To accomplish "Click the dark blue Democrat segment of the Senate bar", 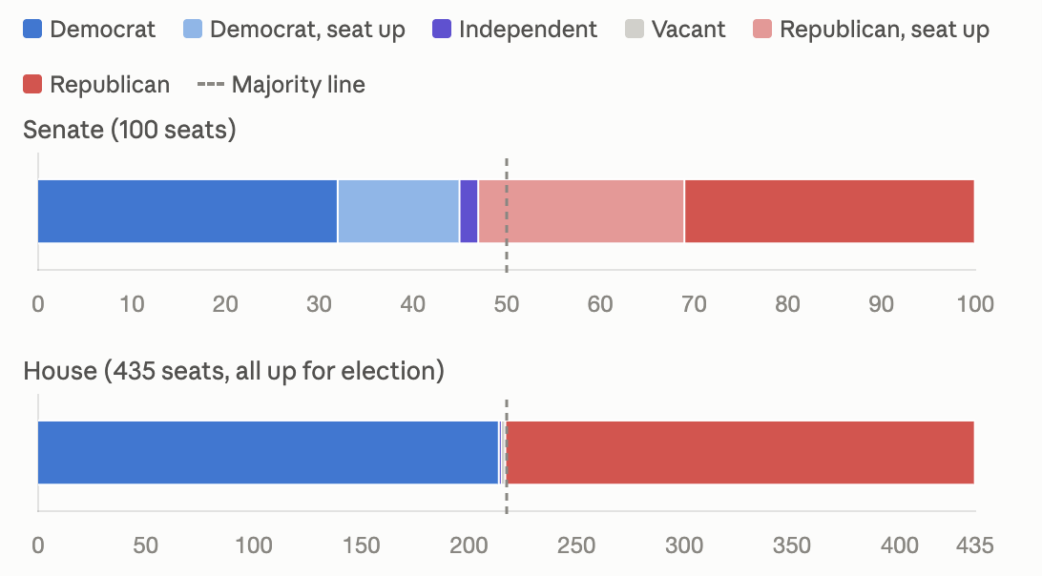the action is click(187, 212).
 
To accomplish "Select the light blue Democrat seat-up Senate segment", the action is click(399, 212).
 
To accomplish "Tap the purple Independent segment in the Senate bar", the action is click(469, 212).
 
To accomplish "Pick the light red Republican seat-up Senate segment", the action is click(581, 212).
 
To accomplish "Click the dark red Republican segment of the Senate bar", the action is click(829, 212).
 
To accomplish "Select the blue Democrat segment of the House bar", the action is click(268, 452).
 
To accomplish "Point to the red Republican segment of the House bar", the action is click(740, 452).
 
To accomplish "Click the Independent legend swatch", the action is click(442, 30).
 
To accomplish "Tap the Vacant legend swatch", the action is click(635, 30).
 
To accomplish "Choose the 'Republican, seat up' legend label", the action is click(885, 30).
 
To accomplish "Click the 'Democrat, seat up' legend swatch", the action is click(193, 30).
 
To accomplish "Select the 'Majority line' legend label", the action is click(299, 84).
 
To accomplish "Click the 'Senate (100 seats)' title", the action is click(130, 130).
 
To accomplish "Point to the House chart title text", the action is click(234, 371).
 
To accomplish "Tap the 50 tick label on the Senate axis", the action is click(507, 304).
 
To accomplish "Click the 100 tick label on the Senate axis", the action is click(975, 304).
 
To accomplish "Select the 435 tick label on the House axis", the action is click(975, 545).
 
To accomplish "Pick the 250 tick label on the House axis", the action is click(576, 545).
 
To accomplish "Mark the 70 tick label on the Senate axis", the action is click(694, 304).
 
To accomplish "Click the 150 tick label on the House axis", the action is click(361, 545).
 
